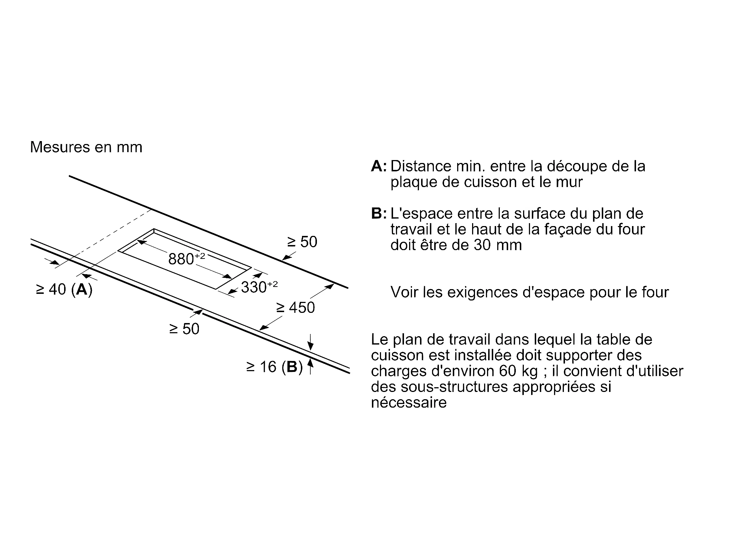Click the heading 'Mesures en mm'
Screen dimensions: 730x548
(x=86, y=147)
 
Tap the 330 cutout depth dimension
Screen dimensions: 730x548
(x=259, y=287)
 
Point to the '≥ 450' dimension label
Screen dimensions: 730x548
(x=295, y=308)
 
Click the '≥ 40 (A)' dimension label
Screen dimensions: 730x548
(x=64, y=289)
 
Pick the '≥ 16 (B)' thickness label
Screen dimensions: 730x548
(x=274, y=367)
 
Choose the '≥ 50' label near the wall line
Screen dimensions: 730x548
(x=302, y=242)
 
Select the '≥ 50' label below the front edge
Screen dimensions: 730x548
(x=184, y=329)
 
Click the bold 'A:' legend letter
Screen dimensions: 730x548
(x=379, y=166)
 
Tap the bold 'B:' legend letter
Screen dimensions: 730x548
(x=379, y=214)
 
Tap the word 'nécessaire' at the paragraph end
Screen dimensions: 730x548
(x=409, y=403)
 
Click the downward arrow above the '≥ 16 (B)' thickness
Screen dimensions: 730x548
(x=310, y=343)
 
